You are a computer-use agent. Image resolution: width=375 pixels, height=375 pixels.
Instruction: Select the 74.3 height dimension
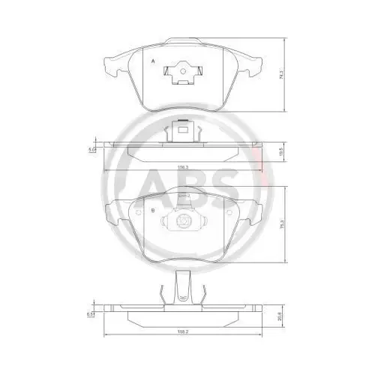[281, 74]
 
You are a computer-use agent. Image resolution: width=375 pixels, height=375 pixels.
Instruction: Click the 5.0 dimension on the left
[91, 149]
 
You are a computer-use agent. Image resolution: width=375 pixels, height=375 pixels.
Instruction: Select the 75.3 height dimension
[281, 223]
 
